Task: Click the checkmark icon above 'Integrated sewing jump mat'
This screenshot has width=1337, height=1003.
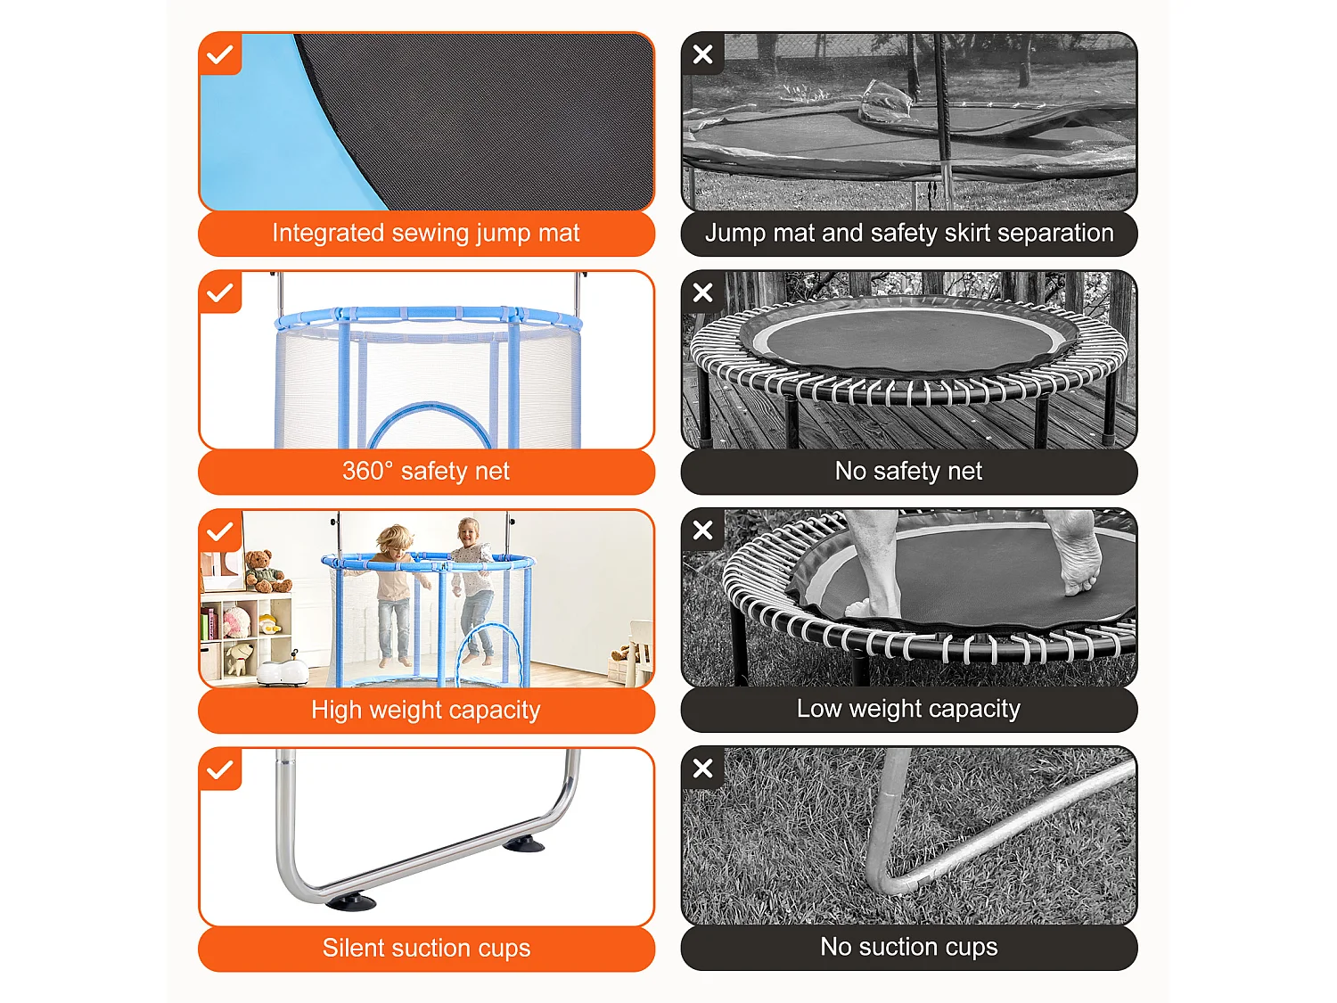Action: point(220,54)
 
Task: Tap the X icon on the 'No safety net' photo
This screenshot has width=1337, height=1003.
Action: point(703,293)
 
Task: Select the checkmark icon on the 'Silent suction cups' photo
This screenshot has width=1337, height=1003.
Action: point(220,769)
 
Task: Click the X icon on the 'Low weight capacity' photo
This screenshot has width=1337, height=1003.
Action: point(703,530)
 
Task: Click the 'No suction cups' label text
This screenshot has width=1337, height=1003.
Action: point(909,947)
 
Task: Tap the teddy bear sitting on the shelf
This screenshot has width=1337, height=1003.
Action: point(266,571)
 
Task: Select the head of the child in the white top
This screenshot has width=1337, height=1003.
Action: point(468,533)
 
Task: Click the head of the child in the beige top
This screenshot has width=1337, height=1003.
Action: point(395,542)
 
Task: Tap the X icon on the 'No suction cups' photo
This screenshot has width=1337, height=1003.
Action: point(703,768)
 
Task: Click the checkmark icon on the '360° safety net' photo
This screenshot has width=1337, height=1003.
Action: point(220,293)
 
